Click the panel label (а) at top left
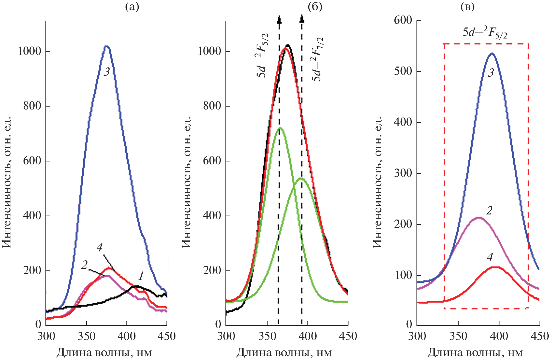[132, 7]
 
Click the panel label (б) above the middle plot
[315, 7]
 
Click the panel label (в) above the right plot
[467, 7]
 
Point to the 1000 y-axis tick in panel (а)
[30, 51]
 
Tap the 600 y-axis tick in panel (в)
[403, 20]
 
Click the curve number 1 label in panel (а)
[141, 276]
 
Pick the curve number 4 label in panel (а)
[99, 247]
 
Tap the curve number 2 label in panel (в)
[489, 211]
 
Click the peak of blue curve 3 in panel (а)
[107, 46]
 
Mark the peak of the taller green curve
[280, 128]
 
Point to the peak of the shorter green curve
[301, 178]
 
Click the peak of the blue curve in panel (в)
[491, 53]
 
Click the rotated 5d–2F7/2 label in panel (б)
[317, 60]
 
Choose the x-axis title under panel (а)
[104, 353]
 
